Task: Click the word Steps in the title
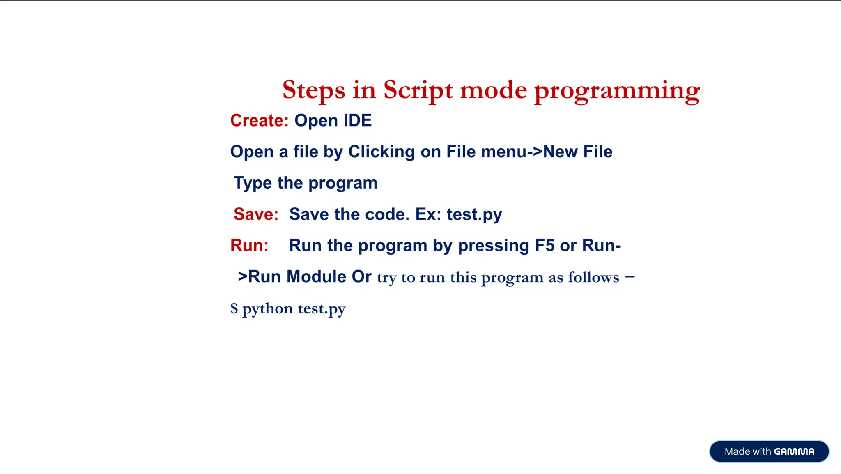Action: coord(313,90)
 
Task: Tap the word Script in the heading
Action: coord(418,90)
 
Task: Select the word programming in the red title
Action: coord(617,91)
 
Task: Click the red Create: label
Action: coord(260,121)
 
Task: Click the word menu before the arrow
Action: coord(504,152)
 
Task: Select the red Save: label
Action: coord(256,214)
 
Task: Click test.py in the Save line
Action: coord(474,214)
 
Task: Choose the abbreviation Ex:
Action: coord(428,214)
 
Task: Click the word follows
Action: coord(593,278)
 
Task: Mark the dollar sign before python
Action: coord(234,308)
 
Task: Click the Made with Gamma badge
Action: coord(769,451)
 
